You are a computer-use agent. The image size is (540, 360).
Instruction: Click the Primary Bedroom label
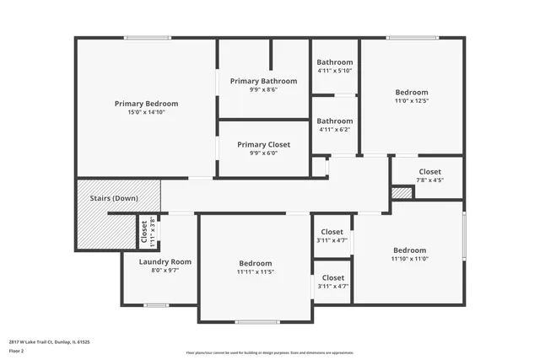tap(146, 103)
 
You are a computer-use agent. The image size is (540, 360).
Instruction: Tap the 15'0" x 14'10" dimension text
tap(146, 111)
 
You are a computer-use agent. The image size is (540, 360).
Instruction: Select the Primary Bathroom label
tap(263, 81)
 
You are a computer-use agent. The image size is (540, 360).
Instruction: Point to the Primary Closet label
tap(263, 144)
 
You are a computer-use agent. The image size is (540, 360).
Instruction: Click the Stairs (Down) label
tap(114, 197)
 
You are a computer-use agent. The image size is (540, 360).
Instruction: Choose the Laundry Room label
tap(165, 261)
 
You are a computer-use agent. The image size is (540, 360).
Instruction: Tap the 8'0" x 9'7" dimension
tap(165, 271)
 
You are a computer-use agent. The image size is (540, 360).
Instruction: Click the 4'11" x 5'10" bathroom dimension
tap(334, 71)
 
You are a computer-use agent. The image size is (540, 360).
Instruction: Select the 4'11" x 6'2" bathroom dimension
tap(334, 129)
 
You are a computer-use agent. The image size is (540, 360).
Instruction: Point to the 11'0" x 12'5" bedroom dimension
tap(412, 101)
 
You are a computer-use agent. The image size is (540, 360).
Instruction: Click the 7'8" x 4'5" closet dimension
tap(429, 180)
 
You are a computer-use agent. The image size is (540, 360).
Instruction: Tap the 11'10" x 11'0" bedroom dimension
tap(409, 259)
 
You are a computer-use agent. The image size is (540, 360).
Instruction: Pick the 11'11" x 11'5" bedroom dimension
tap(255, 271)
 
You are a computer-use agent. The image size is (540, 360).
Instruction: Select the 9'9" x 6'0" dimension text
tap(263, 153)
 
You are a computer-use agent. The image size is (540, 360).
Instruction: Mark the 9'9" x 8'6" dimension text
tap(263, 89)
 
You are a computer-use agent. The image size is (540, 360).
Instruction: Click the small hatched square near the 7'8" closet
tap(402, 193)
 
